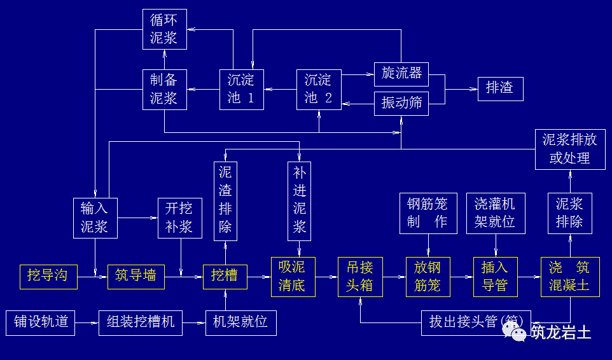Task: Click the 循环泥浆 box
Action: [165, 29]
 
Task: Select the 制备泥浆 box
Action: [164, 89]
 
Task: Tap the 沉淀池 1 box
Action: [241, 89]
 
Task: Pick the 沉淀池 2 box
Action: [318, 89]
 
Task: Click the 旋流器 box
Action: [401, 73]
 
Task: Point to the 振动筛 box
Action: [401, 103]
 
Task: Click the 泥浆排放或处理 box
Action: [570, 149]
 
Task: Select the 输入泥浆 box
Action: [95, 218]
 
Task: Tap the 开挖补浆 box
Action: [179, 218]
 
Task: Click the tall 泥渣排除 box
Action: [225, 200]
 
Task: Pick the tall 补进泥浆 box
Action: [299, 200]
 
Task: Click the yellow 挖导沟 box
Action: [48, 276]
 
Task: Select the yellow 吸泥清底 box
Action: [293, 276]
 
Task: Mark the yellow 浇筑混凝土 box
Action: [569, 276]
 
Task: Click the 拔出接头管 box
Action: [475, 322]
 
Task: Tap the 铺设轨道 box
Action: [41, 322]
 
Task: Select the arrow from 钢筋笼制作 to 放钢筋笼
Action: [428, 245]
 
